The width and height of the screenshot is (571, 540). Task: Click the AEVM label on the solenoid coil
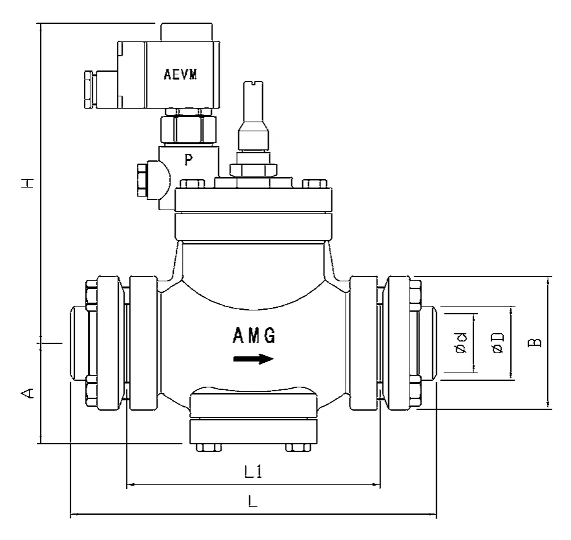click(180, 74)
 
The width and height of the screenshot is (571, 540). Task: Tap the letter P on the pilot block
click(189, 160)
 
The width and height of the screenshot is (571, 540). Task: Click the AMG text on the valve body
click(254, 336)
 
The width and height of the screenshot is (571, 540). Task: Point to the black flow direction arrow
click(254, 359)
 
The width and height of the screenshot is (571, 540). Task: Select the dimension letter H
click(28, 184)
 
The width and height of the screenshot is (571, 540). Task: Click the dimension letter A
click(28, 393)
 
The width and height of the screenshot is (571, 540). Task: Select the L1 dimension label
click(253, 472)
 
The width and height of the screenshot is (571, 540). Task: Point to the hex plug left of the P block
click(141, 180)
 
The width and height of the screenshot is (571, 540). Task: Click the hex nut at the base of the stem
click(253, 170)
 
